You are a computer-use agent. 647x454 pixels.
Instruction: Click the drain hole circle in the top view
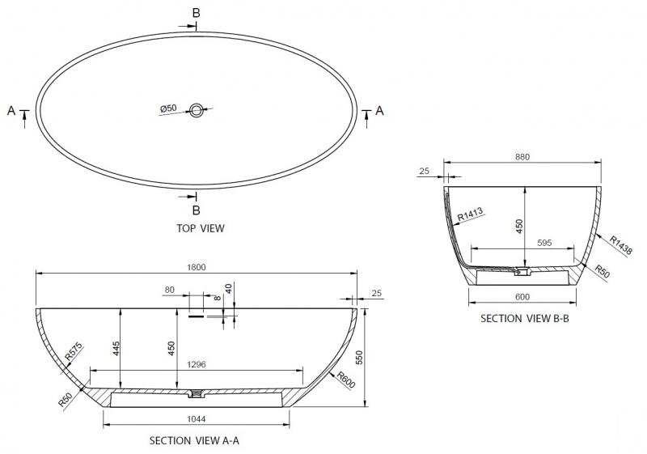click(x=196, y=112)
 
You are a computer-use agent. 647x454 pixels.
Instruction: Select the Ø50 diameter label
click(x=168, y=108)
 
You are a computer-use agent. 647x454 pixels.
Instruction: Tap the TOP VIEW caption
click(x=200, y=228)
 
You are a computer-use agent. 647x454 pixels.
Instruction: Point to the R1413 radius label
click(x=470, y=214)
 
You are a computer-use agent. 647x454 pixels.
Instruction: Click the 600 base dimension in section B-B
click(x=523, y=296)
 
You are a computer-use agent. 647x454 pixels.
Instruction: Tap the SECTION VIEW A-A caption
click(x=194, y=441)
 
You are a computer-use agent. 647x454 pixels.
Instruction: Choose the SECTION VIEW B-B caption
click(x=525, y=318)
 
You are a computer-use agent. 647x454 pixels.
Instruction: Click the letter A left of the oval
click(x=11, y=111)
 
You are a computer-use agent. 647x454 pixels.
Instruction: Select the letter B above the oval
click(x=195, y=12)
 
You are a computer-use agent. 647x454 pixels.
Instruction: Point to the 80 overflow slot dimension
click(x=169, y=289)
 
